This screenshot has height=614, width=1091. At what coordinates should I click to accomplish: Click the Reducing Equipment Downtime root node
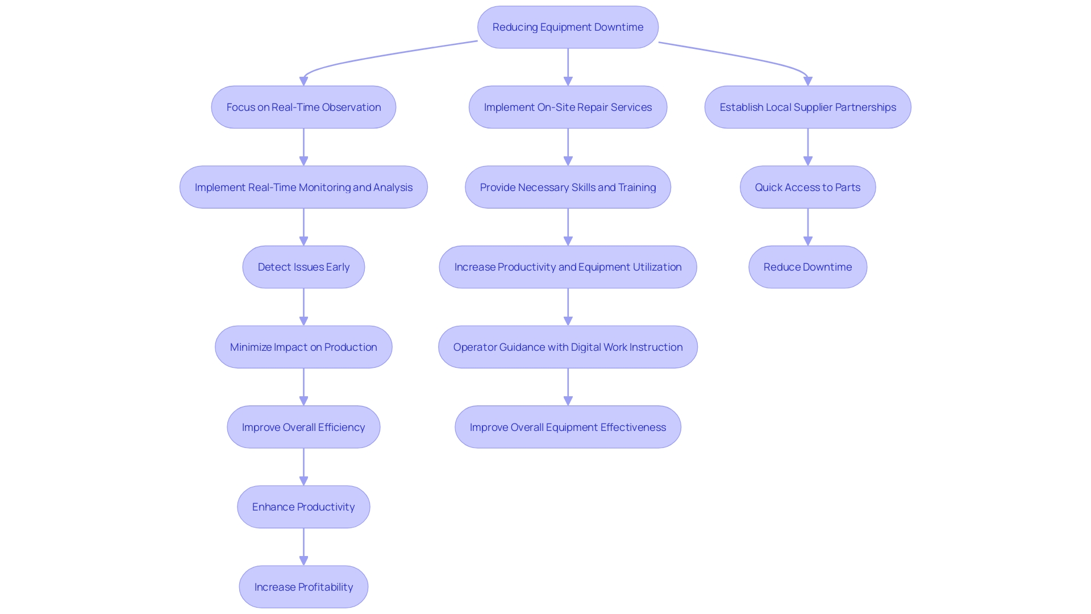coord(568,27)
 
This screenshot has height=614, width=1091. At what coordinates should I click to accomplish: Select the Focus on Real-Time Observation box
coord(303,107)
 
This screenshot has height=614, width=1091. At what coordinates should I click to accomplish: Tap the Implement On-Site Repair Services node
coord(568,107)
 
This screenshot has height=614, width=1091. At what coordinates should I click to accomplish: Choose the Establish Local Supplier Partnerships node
coord(807,107)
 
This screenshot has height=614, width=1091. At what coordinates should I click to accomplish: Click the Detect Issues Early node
coord(303,267)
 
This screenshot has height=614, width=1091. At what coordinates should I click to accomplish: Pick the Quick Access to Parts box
coord(807,188)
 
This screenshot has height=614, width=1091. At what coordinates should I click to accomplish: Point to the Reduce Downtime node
coord(807,267)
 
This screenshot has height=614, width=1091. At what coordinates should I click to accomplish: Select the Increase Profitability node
coord(303,587)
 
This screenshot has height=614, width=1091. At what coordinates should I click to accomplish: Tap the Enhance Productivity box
coord(303,507)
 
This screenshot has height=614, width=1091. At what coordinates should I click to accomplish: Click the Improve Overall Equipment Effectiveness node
coord(568,427)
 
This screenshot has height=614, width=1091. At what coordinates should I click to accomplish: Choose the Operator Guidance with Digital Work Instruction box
coord(568,347)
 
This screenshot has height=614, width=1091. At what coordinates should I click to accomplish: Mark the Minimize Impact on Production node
coord(303,347)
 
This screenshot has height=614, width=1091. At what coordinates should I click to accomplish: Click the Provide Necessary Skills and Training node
coord(568,188)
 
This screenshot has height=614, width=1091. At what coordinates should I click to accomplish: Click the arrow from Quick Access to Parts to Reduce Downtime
coord(807,227)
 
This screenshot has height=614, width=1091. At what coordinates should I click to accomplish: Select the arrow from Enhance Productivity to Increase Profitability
coord(303,546)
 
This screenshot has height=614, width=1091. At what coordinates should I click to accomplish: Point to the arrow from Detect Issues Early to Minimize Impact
coord(303,306)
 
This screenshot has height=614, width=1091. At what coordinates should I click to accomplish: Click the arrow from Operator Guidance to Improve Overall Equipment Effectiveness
coord(568,387)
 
